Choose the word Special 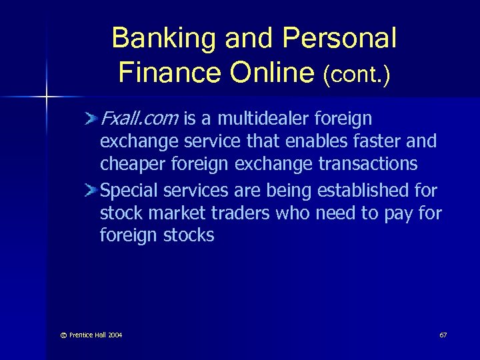pos(129,191)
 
